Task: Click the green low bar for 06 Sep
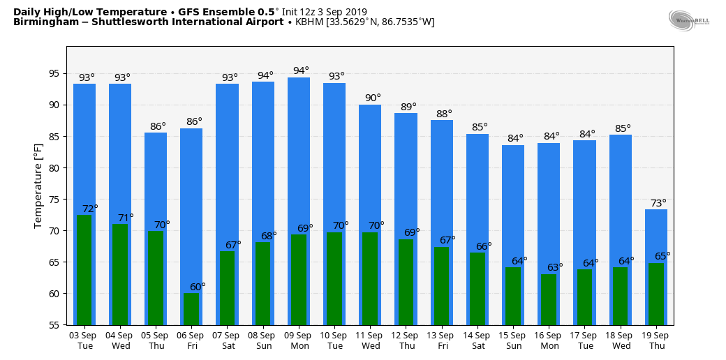191,309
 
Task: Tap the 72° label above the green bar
90,209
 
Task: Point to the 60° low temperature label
198,287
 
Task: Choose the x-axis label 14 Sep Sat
477,340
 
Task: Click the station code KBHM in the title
309,22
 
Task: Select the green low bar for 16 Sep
549,299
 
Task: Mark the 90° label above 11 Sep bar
373,98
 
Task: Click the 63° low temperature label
555,267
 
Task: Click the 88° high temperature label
444,114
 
